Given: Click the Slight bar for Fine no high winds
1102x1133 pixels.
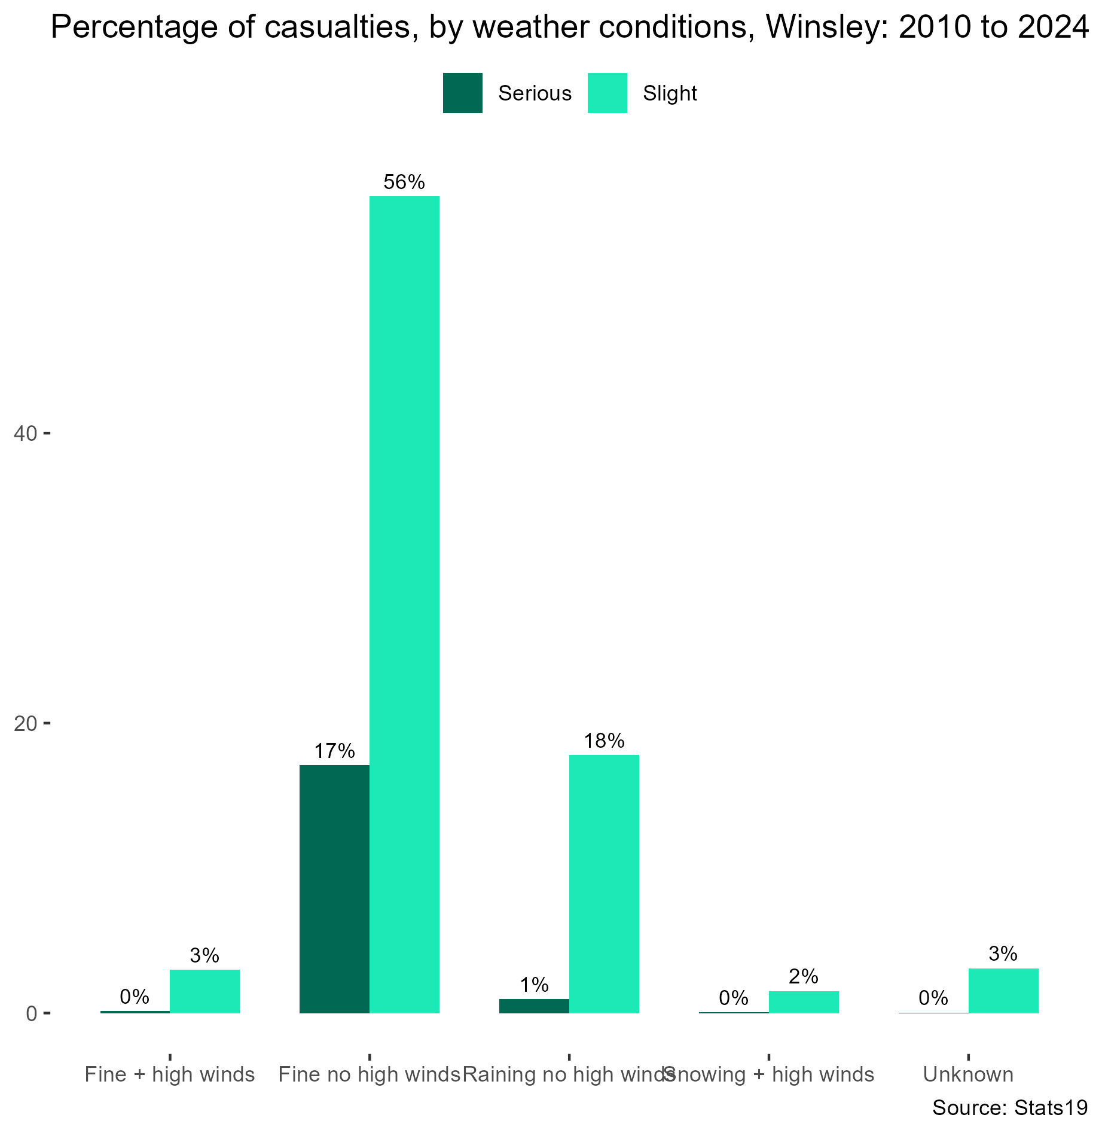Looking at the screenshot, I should point(404,604).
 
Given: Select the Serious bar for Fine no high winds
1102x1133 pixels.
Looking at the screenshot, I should point(334,889).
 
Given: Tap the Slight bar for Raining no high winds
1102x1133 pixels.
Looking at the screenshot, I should point(604,884).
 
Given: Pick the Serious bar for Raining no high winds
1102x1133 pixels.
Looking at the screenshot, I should point(534,1006).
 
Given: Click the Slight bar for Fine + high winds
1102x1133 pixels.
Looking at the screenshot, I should point(204,991).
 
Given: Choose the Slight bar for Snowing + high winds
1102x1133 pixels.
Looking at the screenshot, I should point(804,1002).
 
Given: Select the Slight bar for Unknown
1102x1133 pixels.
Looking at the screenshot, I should point(1003,991).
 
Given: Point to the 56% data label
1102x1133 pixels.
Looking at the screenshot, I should point(404,182).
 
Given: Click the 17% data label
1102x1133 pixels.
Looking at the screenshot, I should point(334,751).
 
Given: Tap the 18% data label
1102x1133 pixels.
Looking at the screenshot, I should point(604,741).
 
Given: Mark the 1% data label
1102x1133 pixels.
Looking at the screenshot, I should point(534,985).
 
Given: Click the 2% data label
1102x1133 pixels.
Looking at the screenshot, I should point(804,977).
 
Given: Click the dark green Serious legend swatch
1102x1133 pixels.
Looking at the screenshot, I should point(463,93).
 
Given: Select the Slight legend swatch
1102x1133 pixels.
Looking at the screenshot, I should point(608,93).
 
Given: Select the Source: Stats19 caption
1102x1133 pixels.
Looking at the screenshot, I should point(1010,1108).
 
